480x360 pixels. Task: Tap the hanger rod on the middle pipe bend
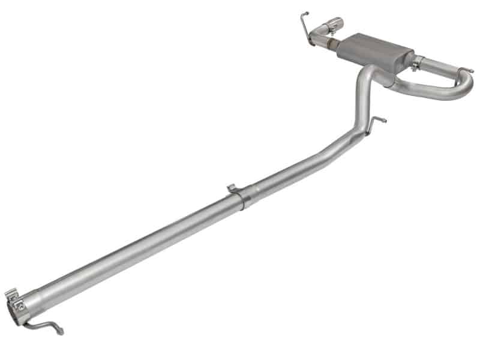(x=376, y=122)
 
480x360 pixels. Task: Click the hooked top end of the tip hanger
(x=304, y=14)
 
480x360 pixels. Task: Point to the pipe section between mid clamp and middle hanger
(x=300, y=165)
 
